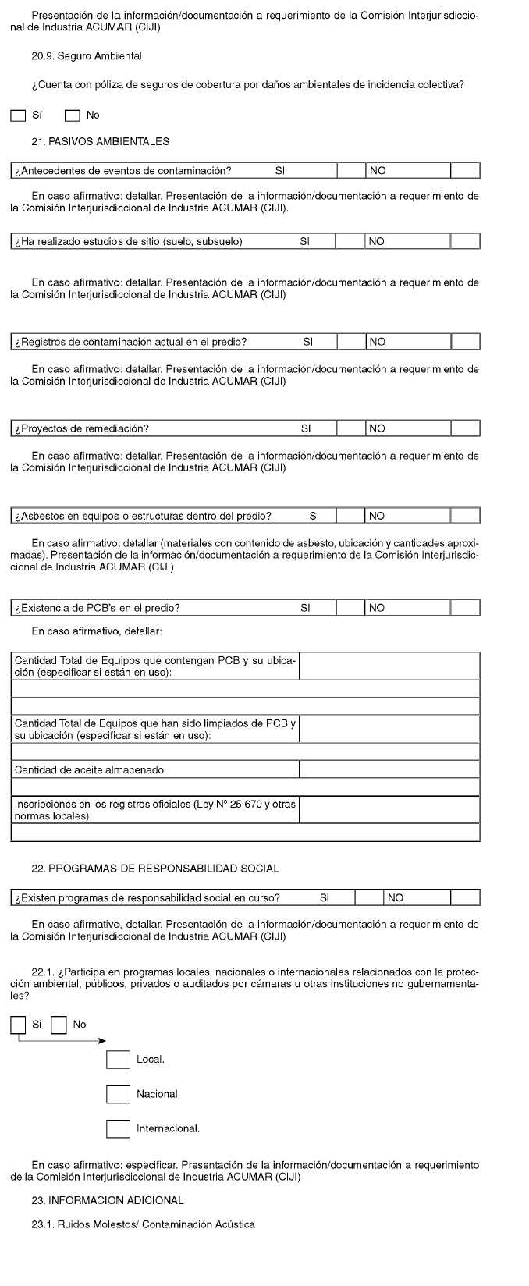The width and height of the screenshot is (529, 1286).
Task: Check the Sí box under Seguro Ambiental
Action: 19,115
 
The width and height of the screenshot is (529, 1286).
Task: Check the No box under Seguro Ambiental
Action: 73,115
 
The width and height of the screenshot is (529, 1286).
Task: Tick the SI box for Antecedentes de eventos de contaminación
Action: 351,171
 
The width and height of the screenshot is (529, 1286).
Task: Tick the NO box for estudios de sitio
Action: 465,241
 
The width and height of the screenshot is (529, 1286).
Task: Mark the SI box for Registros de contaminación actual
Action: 351,342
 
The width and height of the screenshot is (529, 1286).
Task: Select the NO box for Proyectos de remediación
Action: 465,428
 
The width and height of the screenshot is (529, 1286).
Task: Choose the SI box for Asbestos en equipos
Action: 351,516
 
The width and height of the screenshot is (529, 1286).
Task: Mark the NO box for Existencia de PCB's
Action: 465,608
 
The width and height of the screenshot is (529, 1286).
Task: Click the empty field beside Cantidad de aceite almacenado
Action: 389,770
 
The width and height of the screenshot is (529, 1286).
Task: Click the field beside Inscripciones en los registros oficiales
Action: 389,810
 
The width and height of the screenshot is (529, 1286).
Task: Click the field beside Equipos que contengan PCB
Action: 389,666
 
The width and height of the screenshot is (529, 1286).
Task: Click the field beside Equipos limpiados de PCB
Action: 389,729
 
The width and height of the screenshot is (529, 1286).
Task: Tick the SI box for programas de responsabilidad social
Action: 370,898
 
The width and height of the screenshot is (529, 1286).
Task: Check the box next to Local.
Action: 118,1060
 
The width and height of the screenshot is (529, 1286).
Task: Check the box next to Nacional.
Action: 118,1094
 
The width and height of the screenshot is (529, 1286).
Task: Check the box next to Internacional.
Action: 118,1128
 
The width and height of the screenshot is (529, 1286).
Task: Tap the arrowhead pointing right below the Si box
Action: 101,1041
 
